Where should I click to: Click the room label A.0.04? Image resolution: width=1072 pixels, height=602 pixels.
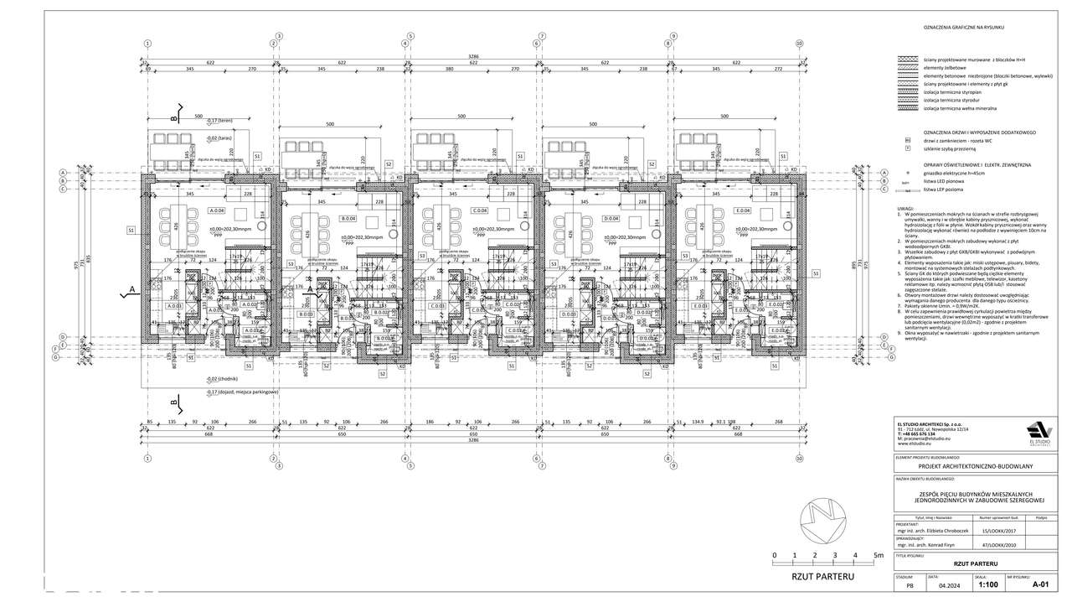(x=217, y=210)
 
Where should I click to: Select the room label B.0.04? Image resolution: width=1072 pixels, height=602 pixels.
(x=348, y=219)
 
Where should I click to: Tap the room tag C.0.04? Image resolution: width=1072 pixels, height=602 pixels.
(x=480, y=210)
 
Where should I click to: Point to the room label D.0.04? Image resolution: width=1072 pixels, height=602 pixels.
(x=611, y=219)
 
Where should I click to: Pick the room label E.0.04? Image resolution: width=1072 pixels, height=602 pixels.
(x=744, y=210)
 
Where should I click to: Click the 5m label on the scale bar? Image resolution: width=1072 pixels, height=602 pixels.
(x=877, y=555)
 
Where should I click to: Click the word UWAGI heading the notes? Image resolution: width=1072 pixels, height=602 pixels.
(x=904, y=208)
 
